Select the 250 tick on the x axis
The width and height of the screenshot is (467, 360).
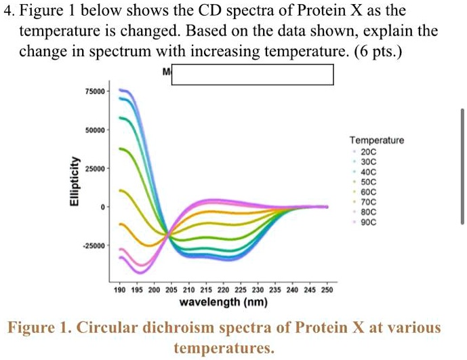327,289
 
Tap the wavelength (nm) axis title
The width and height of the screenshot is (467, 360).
223,302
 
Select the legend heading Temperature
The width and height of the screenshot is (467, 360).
376,140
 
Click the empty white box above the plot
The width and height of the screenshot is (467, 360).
252,75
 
